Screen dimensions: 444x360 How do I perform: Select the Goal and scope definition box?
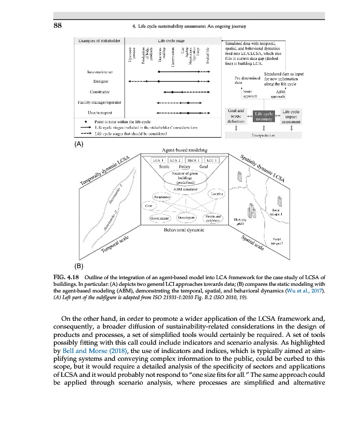236,116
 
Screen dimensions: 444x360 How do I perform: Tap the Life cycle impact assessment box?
291,116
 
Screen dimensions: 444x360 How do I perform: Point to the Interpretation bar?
264,135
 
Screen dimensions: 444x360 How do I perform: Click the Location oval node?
215,194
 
